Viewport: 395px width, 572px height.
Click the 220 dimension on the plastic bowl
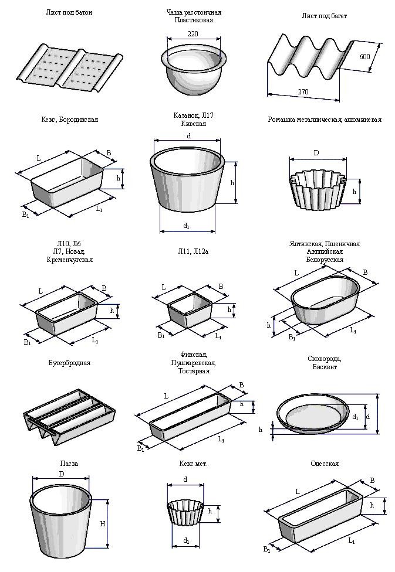pyautogui.click(x=192, y=34)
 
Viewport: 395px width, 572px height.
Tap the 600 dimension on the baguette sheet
pyautogui.click(x=364, y=56)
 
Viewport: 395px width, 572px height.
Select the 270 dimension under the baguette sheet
pyautogui.click(x=303, y=92)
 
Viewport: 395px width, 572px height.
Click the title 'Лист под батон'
pyautogui.click(x=69, y=12)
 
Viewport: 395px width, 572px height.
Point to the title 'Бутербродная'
pyautogui.click(x=69, y=363)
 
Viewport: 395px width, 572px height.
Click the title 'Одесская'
pyautogui.click(x=325, y=464)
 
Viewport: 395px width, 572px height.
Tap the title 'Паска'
pyautogui.click(x=69, y=464)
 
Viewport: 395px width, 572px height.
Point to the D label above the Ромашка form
pyautogui.click(x=316, y=154)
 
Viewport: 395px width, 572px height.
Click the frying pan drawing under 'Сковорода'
pyautogui.click(x=317, y=414)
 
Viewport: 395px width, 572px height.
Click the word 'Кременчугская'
pyautogui.click(x=69, y=260)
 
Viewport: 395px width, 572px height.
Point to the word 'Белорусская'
pyautogui.click(x=325, y=259)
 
